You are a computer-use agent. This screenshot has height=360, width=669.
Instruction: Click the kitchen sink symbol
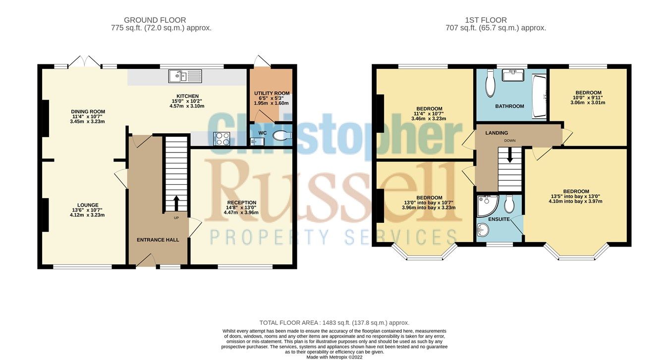pos(185,76)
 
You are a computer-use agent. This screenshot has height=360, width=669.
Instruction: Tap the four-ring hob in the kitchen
pos(221,139)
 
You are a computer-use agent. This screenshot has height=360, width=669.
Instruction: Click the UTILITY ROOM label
pos(272,93)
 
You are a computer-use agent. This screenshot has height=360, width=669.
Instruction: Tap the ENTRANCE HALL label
pos(158,240)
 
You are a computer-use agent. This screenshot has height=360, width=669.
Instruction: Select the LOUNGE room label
pos(87,205)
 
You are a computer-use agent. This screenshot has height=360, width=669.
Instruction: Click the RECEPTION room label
pos(241,203)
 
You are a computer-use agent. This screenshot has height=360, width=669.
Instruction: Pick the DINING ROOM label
pos(88,111)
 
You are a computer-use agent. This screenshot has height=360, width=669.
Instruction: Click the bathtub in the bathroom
pos(538,96)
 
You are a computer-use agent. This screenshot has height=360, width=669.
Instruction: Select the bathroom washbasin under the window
pos(513,75)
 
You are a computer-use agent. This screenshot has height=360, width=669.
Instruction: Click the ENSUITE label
pos(498,219)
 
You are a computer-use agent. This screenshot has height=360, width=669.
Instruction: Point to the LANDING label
pos(496,133)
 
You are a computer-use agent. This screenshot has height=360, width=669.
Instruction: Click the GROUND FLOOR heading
pos(155,20)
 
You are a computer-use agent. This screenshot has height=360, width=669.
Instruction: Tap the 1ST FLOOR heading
pos(486,20)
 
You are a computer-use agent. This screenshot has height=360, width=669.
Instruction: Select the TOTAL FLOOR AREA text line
pos(334,322)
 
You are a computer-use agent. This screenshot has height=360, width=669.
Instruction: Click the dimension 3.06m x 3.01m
pos(588,103)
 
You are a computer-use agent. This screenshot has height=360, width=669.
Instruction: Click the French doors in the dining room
pos(85,62)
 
